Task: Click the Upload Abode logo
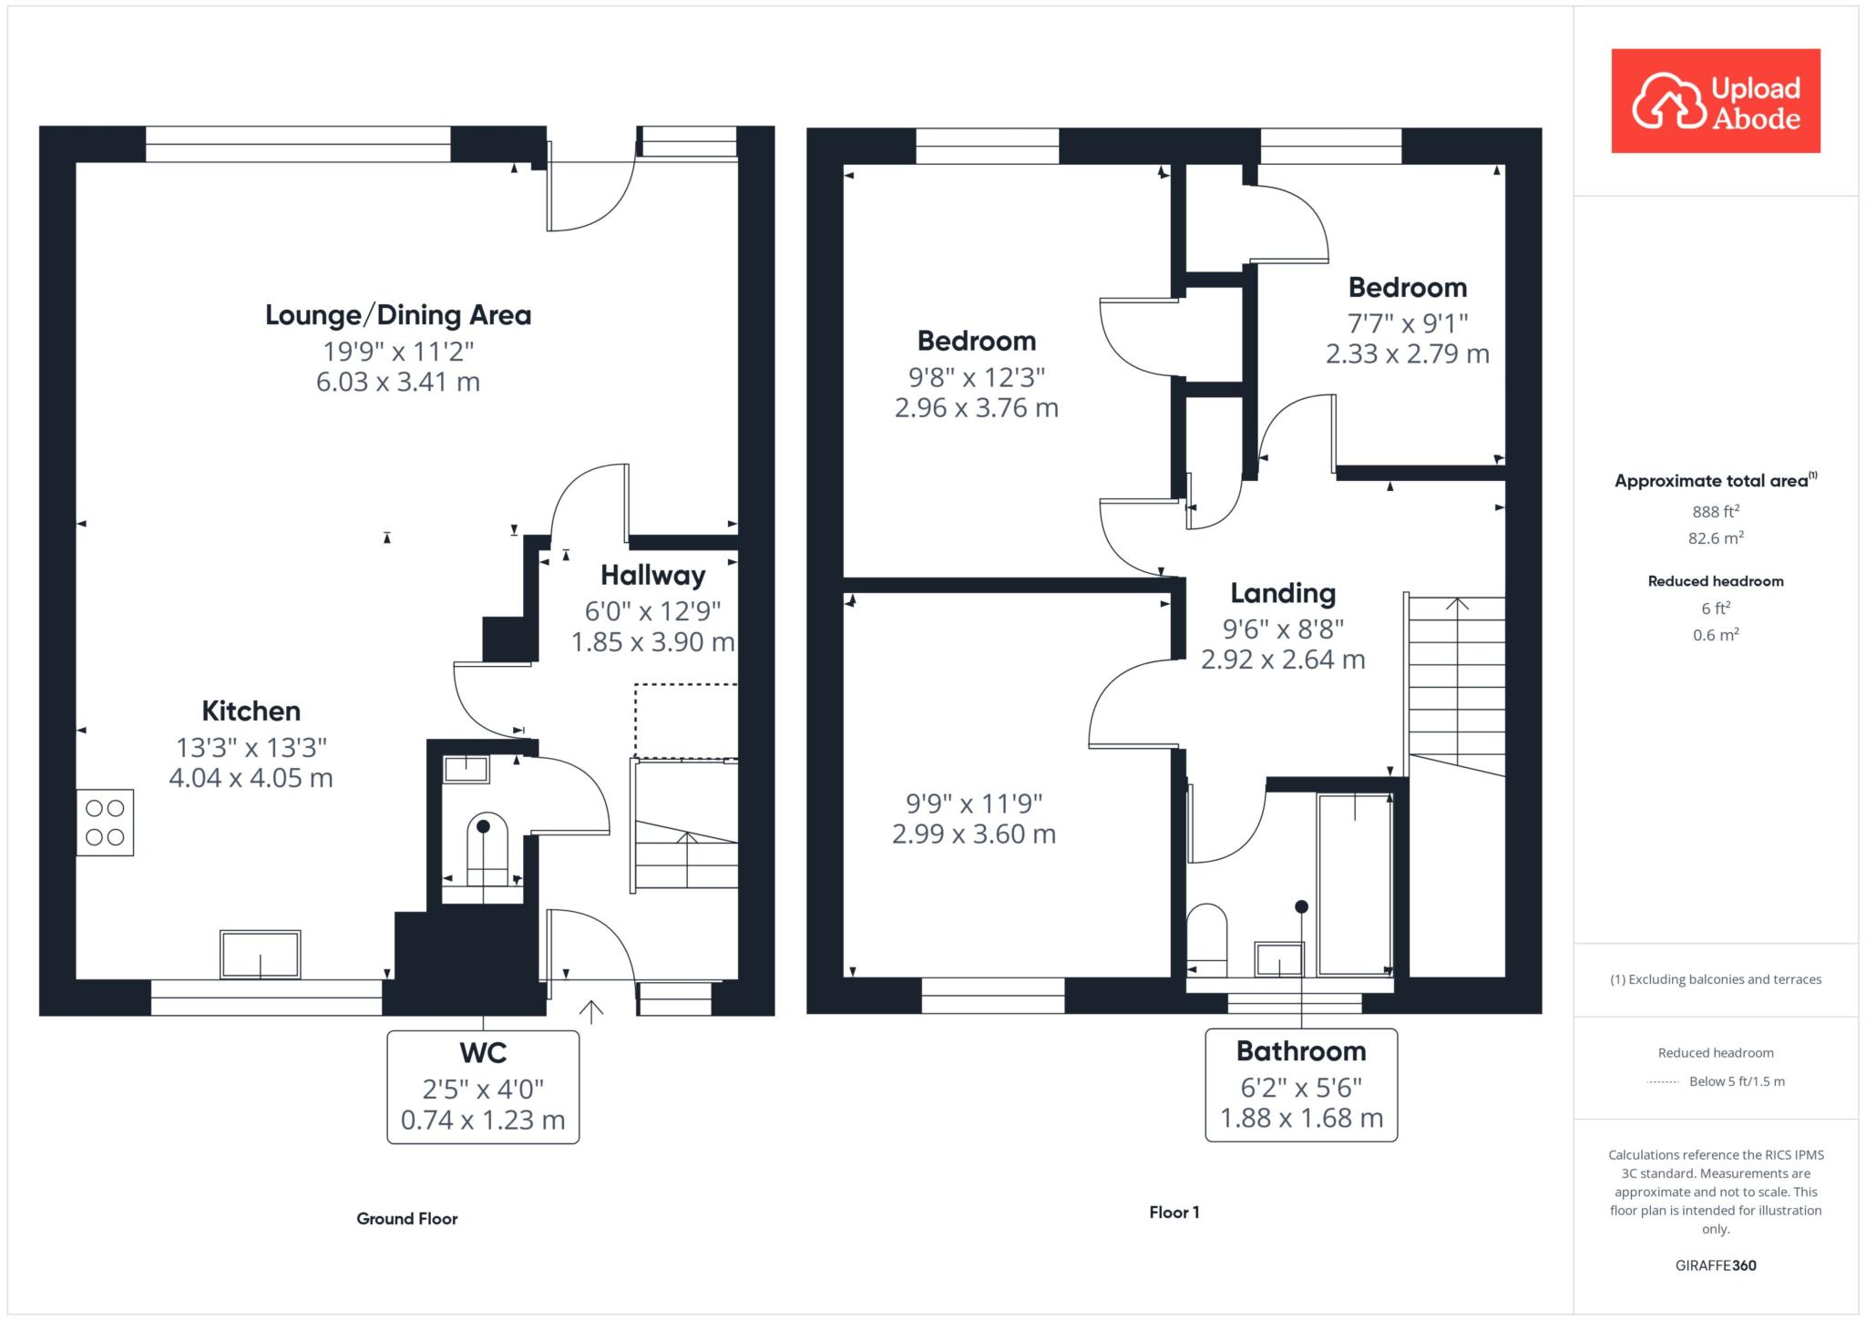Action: click(x=1716, y=101)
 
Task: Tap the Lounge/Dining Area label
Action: click(x=398, y=315)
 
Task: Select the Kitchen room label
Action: click(x=251, y=711)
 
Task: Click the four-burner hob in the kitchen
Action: click(x=105, y=823)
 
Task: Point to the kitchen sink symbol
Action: click(x=261, y=954)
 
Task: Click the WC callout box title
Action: click(x=483, y=1053)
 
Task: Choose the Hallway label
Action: click(x=652, y=576)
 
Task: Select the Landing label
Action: click(x=1283, y=594)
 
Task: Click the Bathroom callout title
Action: click(x=1301, y=1051)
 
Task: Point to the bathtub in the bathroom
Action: click(x=1355, y=885)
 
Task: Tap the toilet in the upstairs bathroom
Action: click(x=1207, y=938)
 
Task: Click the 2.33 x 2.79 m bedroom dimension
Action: click(x=1408, y=353)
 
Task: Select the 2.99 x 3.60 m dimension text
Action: click(x=974, y=834)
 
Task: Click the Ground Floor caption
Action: click(x=407, y=1219)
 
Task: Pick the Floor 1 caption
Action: click(x=1174, y=1213)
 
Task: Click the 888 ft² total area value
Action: click(x=1716, y=511)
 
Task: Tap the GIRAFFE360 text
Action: click(x=1716, y=1265)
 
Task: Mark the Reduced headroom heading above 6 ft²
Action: click(x=1716, y=581)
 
